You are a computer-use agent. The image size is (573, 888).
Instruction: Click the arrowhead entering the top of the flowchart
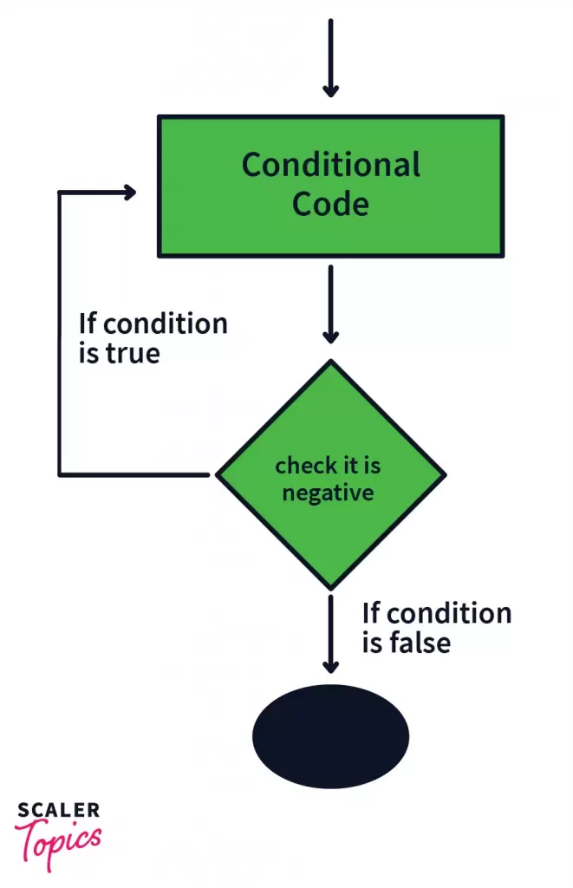click(330, 88)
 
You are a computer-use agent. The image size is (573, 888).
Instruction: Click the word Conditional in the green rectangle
click(330, 164)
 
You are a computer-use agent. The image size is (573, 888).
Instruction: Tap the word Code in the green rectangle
click(330, 204)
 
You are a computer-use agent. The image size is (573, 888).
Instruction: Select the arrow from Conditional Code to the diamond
click(330, 304)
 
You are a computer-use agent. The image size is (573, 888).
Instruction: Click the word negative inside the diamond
click(328, 493)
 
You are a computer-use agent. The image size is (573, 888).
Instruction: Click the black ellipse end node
click(330, 736)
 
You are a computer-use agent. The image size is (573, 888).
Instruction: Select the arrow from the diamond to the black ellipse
click(330, 633)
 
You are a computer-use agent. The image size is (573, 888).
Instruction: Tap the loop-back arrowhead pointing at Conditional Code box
click(129, 193)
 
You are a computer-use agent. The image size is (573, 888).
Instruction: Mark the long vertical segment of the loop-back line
click(59, 334)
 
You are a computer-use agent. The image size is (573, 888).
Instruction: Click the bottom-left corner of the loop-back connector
click(60, 474)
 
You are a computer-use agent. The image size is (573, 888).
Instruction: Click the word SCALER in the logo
click(58, 812)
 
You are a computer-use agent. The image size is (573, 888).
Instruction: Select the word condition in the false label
click(448, 613)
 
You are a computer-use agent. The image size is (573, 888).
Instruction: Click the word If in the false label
click(371, 613)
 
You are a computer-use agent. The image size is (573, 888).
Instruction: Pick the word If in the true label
click(88, 323)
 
